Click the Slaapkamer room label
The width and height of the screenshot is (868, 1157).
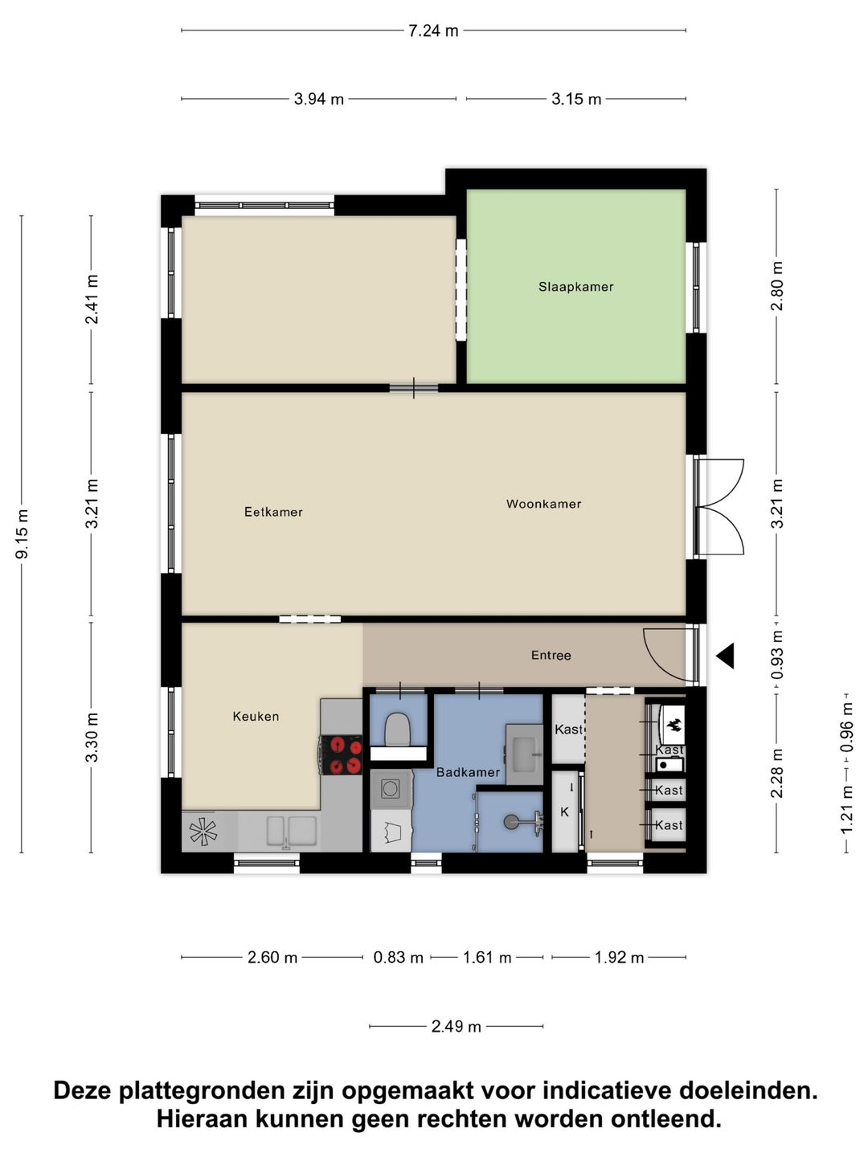[x=575, y=287]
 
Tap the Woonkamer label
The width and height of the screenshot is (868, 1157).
[x=543, y=504]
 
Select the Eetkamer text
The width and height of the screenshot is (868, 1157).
[x=273, y=512]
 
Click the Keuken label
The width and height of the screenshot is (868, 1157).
[x=256, y=716]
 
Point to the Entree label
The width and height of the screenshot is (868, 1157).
[x=551, y=656]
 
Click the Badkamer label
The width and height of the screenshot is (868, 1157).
[x=468, y=772]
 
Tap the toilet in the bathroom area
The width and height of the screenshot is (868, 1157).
[x=398, y=728]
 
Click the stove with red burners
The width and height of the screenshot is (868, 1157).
[x=342, y=755]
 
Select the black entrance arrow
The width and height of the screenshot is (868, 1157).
[x=726, y=656]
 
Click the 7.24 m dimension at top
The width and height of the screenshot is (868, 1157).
[x=433, y=31]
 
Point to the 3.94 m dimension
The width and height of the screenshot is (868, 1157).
[x=318, y=99]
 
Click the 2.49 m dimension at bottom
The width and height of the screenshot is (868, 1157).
[x=456, y=1026]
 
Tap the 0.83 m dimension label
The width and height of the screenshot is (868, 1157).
[x=398, y=957]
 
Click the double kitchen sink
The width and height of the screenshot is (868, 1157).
[x=291, y=831]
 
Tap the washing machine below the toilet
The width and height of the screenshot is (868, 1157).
[x=391, y=789]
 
